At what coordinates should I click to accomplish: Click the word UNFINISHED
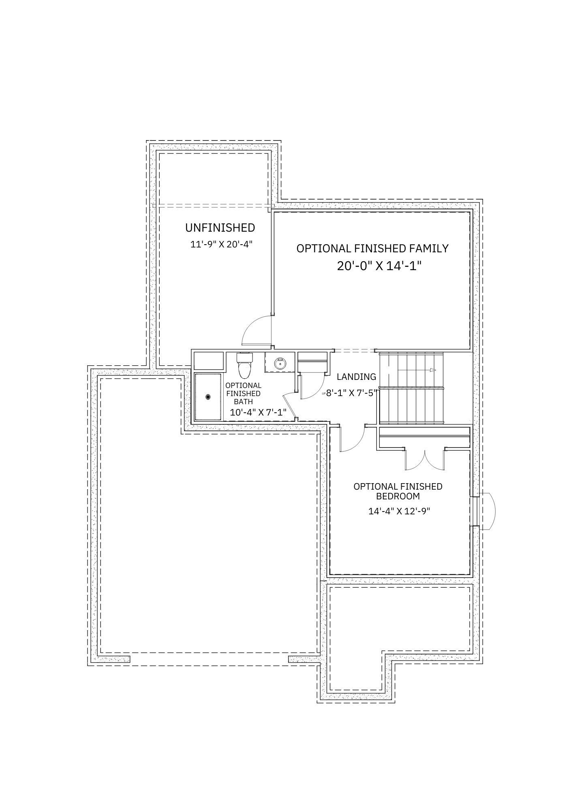(x=220, y=228)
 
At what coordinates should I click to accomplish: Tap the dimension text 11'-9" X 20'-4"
(x=224, y=244)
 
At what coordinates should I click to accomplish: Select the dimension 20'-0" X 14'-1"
(x=379, y=266)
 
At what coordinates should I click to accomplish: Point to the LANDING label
(x=356, y=377)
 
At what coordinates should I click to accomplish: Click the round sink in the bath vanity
(x=280, y=363)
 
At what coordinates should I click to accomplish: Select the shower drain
(x=208, y=397)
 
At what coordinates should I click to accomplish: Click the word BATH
(x=243, y=402)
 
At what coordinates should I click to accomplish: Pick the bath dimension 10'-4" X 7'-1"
(x=258, y=412)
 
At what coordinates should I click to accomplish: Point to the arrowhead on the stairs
(x=433, y=370)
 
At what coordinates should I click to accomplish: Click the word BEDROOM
(x=398, y=496)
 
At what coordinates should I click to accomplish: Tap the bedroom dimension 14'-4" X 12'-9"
(x=399, y=511)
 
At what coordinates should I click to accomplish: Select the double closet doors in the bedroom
(x=425, y=460)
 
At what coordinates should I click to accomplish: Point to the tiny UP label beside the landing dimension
(x=323, y=393)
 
